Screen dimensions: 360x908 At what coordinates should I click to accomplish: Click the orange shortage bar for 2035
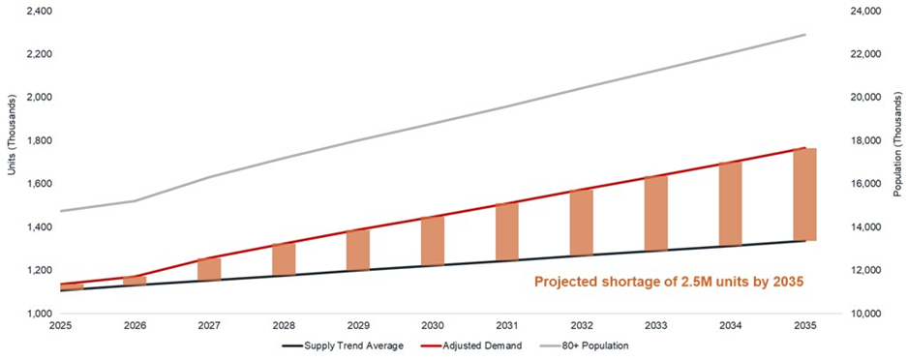click(805, 195)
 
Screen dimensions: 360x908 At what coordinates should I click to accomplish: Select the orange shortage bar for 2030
click(433, 240)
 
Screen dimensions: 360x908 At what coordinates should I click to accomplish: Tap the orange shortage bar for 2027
click(209, 268)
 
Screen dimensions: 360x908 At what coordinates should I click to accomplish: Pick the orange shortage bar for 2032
click(582, 223)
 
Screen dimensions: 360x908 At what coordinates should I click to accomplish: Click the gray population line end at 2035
click(805, 35)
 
